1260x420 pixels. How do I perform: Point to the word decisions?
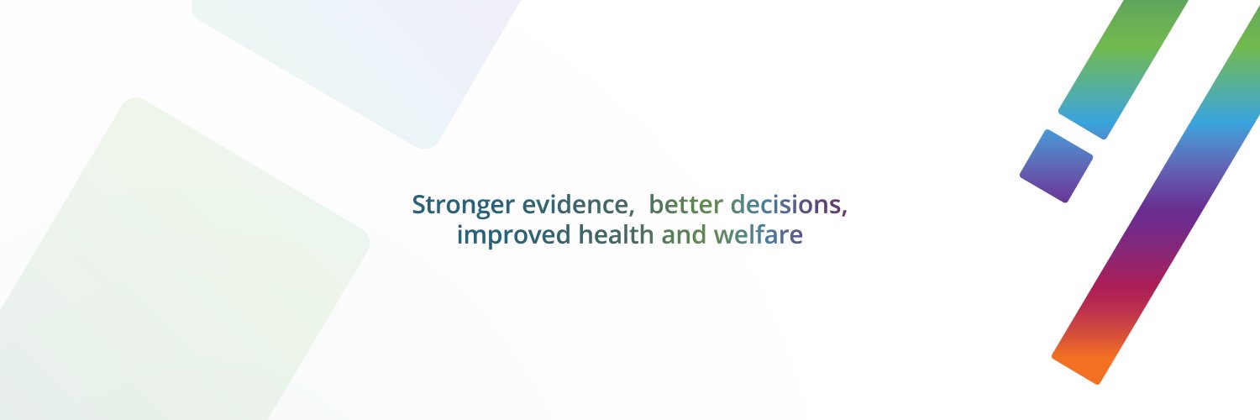[785, 205]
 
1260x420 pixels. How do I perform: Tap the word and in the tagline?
[684, 236]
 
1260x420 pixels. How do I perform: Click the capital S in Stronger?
[418, 205]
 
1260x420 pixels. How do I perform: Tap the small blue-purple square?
[1056, 166]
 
